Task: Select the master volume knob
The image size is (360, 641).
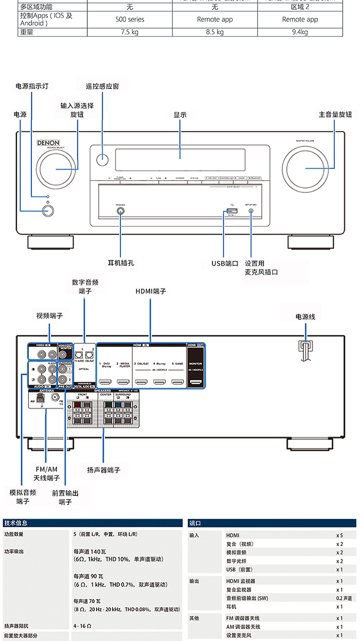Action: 305,168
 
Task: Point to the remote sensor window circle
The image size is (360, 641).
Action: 103,160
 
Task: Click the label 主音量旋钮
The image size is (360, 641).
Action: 335,115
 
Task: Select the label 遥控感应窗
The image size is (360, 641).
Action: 103,86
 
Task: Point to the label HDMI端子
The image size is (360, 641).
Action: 151,291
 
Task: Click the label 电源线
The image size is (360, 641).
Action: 305,316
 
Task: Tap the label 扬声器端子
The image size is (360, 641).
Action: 104,470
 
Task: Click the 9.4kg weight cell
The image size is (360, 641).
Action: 299,32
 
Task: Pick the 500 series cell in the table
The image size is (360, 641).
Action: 130,19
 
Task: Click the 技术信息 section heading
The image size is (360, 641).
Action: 15,523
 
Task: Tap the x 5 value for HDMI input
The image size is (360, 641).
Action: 339,535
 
